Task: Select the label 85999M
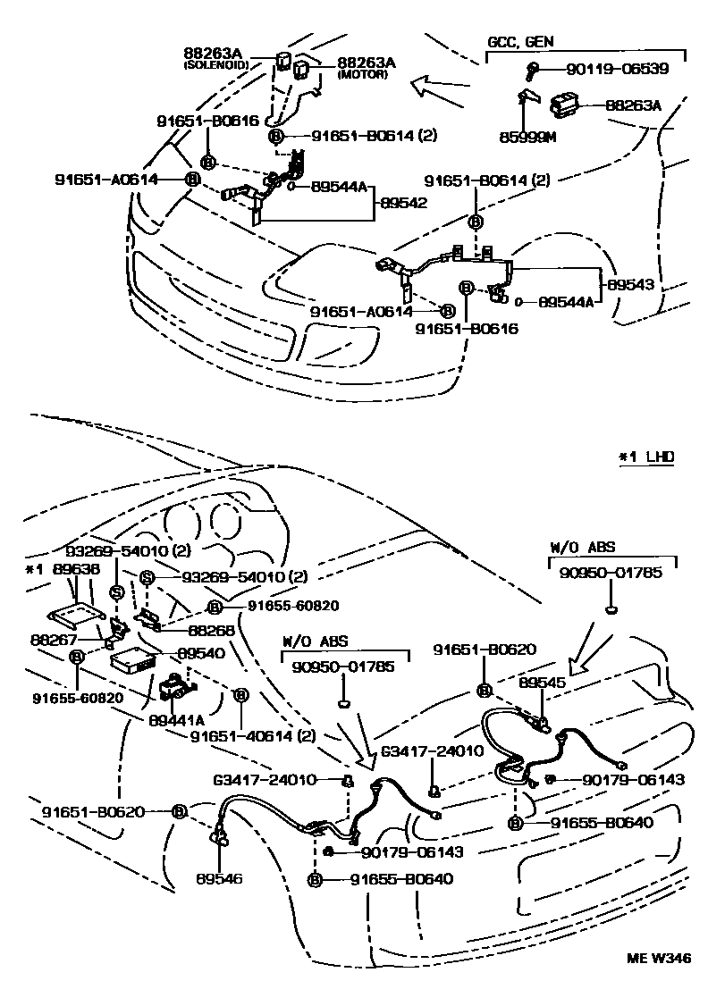527,138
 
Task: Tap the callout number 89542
399,204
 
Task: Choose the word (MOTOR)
361,75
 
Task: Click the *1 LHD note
646,457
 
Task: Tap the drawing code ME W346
657,959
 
